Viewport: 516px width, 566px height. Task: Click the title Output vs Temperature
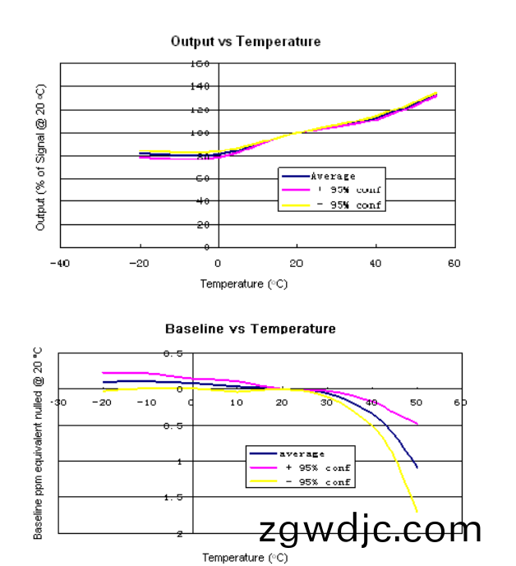click(x=245, y=41)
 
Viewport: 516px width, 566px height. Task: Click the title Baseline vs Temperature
click(x=250, y=329)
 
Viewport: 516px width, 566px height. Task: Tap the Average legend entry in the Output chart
click(x=333, y=177)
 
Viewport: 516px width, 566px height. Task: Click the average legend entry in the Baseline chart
click(x=302, y=453)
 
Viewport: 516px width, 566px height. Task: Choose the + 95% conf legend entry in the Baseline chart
click(x=317, y=467)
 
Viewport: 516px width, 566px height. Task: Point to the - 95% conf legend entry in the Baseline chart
click(x=317, y=481)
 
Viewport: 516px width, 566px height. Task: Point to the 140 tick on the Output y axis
click(x=200, y=86)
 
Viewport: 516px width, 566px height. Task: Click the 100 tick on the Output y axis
click(x=200, y=132)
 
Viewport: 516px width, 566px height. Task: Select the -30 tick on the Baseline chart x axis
click(x=58, y=403)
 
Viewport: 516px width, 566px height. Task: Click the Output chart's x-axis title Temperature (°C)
click(x=244, y=284)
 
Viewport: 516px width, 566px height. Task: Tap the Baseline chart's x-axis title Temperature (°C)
click(x=245, y=558)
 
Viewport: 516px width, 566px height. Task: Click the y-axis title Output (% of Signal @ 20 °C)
click(x=41, y=156)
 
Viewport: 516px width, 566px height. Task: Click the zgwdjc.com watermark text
click(x=370, y=531)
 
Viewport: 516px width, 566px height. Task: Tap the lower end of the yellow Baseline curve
click(x=417, y=511)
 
